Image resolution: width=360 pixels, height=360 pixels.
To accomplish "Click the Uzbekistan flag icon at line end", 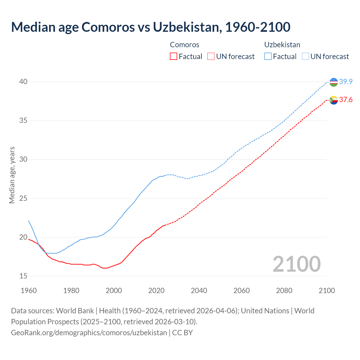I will click(334, 82).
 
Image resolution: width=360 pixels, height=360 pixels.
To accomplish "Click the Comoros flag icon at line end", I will click(334, 100).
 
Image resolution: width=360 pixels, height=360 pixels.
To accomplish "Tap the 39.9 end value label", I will click(346, 82).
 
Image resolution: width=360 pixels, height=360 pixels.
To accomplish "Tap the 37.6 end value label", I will click(346, 100).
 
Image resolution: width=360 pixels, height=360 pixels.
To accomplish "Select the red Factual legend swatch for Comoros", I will click(174, 57).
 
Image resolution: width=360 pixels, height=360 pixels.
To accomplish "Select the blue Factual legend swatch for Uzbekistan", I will click(268, 57).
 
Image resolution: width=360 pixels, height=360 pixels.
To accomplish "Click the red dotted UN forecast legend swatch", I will click(211, 57).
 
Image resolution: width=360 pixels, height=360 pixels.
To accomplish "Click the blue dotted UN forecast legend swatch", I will click(305, 57).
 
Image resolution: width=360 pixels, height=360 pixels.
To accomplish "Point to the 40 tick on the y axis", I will click(23, 82).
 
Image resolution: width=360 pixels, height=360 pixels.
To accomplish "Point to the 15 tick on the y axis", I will click(23, 276).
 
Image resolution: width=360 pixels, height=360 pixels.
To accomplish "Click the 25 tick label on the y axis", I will click(23, 199).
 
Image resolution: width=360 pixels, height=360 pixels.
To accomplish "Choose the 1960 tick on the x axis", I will click(29, 291).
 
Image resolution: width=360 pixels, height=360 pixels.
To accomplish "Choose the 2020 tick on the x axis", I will click(156, 291).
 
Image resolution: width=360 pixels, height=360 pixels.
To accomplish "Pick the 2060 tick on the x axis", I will click(242, 291).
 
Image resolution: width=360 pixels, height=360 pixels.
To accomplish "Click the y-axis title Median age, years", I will click(12, 175).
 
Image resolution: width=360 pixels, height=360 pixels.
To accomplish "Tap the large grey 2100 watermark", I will click(296, 264).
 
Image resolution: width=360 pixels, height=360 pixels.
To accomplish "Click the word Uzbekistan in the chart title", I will click(186, 27).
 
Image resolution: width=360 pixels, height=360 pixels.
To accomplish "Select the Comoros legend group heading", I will click(184, 45).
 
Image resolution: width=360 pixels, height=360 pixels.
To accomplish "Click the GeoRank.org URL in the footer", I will click(89, 333).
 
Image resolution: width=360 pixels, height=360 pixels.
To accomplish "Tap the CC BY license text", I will click(183, 333).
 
